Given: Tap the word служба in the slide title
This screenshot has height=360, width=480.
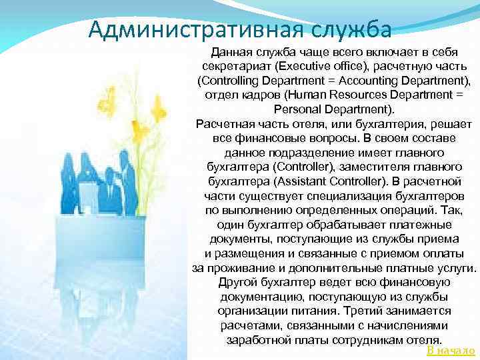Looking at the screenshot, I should click(x=353, y=29).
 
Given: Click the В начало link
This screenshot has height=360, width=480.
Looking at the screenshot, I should click(x=451, y=351).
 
